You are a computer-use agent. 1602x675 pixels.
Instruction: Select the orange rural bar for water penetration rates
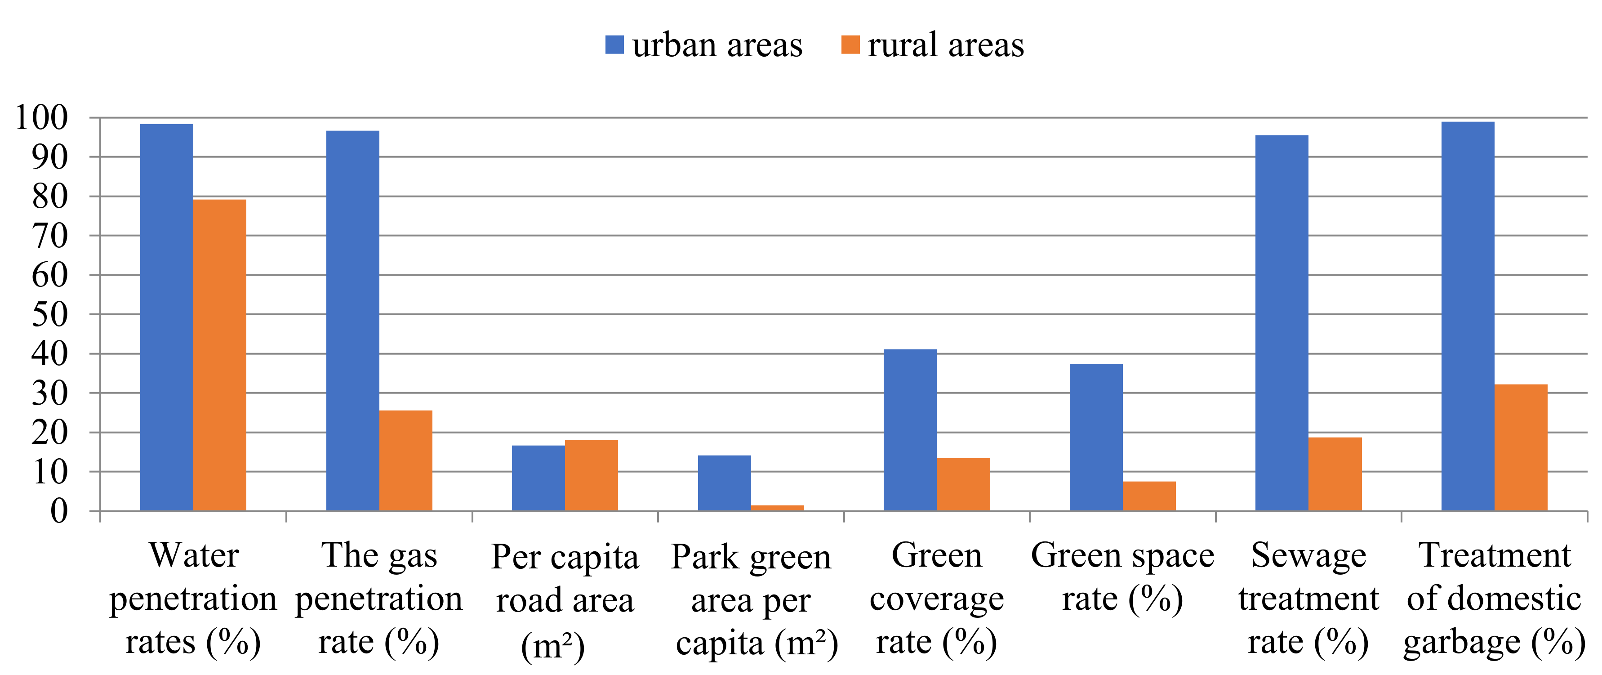point(219,355)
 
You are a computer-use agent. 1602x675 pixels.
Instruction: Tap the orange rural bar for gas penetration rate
point(405,460)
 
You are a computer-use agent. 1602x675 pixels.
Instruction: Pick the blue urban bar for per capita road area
point(538,478)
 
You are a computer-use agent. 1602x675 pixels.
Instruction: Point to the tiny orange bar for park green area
point(777,508)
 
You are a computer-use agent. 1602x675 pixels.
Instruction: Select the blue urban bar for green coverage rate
point(910,430)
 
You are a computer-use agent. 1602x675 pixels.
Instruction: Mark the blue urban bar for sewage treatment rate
point(1282,323)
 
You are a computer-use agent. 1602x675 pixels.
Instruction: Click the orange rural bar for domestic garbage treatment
point(1521,447)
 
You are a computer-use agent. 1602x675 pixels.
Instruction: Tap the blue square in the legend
point(614,45)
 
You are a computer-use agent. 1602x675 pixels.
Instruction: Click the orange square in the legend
point(850,45)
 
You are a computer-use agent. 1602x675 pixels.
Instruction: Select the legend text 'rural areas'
point(945,45)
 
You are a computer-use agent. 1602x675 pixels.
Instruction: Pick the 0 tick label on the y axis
point(58,511)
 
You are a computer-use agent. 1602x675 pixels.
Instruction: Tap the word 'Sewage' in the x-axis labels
point(1308,555)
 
